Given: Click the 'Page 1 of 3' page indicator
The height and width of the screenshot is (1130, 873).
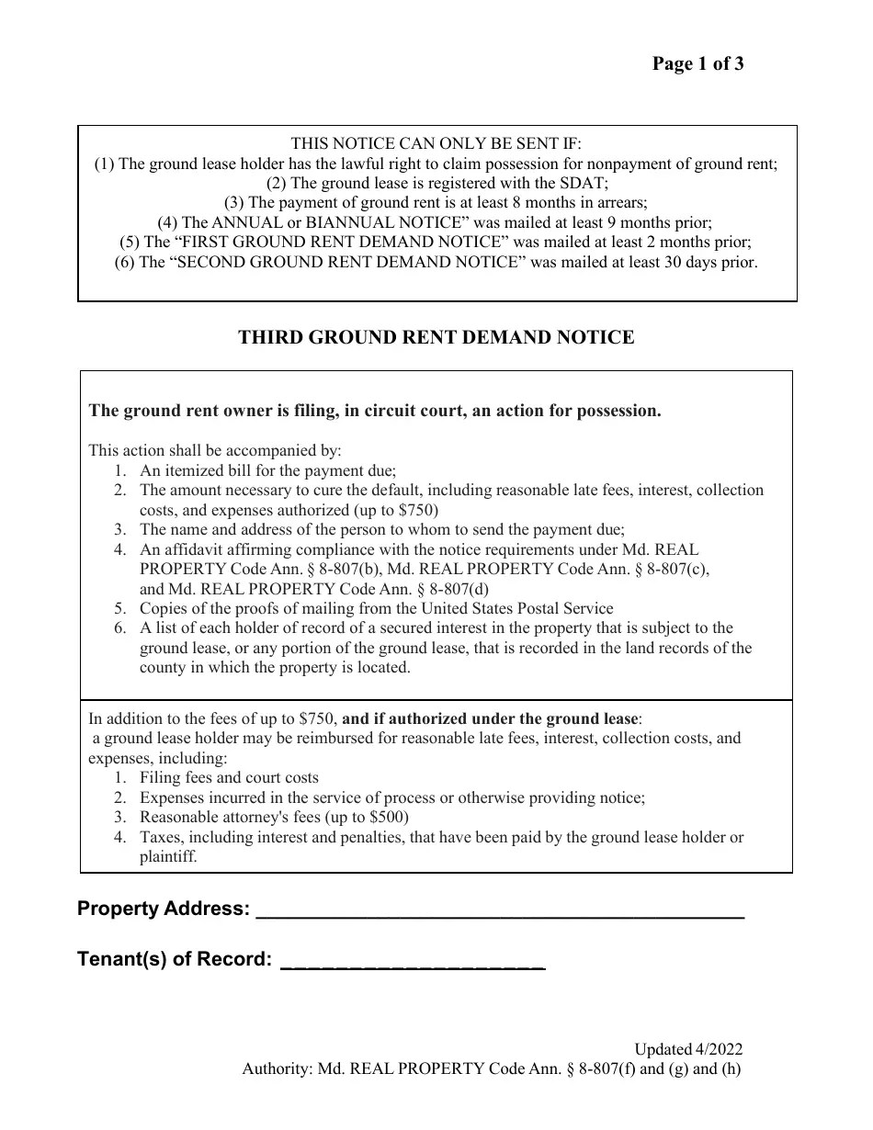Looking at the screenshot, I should point(697,63).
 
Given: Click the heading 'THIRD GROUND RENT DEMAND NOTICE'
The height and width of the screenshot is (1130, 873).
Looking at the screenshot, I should point(436,337).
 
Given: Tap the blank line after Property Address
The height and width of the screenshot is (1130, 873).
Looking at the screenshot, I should point(500,911).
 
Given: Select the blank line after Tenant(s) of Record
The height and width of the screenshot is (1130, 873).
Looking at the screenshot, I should point(412,962).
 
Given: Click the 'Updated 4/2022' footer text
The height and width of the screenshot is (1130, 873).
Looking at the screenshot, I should point(687,1049).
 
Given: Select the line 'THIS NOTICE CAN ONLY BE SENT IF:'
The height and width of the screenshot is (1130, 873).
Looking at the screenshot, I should point(436,143).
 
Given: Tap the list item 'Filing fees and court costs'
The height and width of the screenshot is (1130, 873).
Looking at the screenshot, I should point(229,777).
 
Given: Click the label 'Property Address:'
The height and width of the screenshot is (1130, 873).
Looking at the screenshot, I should point(164,910).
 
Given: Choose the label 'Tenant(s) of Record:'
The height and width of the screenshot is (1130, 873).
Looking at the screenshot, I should point(175,960).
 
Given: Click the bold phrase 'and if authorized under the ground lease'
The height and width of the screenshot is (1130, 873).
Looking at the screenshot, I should point(491,718).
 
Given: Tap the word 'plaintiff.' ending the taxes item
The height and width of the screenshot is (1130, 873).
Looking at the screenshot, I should point(168,856).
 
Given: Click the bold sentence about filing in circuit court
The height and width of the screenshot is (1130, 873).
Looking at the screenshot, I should point(375,411).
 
